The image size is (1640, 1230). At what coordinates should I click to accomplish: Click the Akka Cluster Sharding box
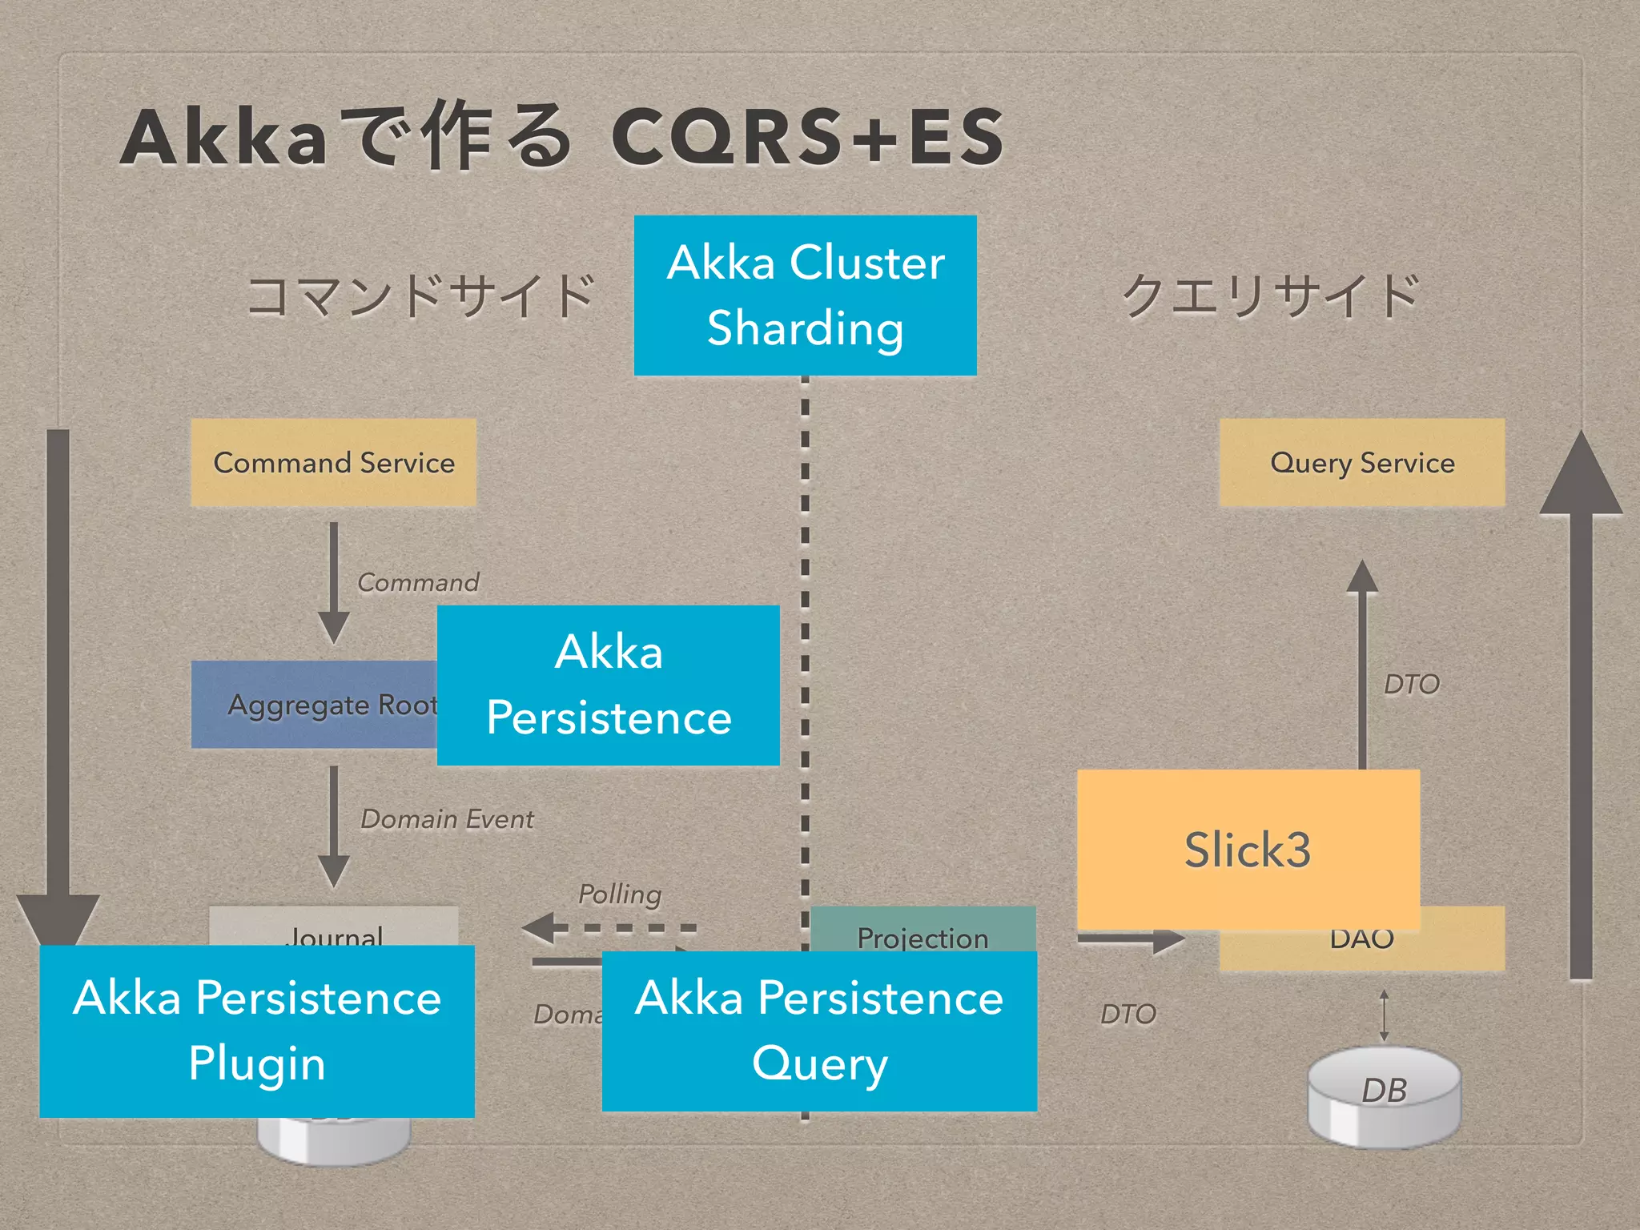tap(805, 295)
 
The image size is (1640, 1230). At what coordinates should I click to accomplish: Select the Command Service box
tap(333, 462)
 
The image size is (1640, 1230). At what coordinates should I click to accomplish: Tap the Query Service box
tap(1361, 462)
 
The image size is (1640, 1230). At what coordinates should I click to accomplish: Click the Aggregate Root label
tap(320, 705)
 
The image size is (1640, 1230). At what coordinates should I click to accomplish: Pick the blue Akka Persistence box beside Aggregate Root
tap(609, 685)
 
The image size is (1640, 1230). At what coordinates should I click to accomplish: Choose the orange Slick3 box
tap(1248, 849)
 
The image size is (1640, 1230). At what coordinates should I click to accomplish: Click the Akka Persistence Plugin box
tap(257, 1031)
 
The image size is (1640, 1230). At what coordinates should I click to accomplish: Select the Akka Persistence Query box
tap(819, 1031)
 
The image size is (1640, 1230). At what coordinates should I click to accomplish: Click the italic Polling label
tap(620, 894)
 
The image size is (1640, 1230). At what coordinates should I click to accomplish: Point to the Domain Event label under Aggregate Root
tap(447, 819)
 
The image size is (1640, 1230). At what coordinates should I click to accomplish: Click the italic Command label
tap(418, 582)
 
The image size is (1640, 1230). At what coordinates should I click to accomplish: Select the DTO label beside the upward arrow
tap(1412, 685)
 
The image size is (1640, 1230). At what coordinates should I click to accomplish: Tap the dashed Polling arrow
tap(609, 928)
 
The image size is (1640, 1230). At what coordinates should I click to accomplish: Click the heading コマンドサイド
tap(421, 295)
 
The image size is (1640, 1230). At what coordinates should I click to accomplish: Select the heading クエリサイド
tap(1271, 295)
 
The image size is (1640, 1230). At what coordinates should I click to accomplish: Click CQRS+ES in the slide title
tap(807, 138)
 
